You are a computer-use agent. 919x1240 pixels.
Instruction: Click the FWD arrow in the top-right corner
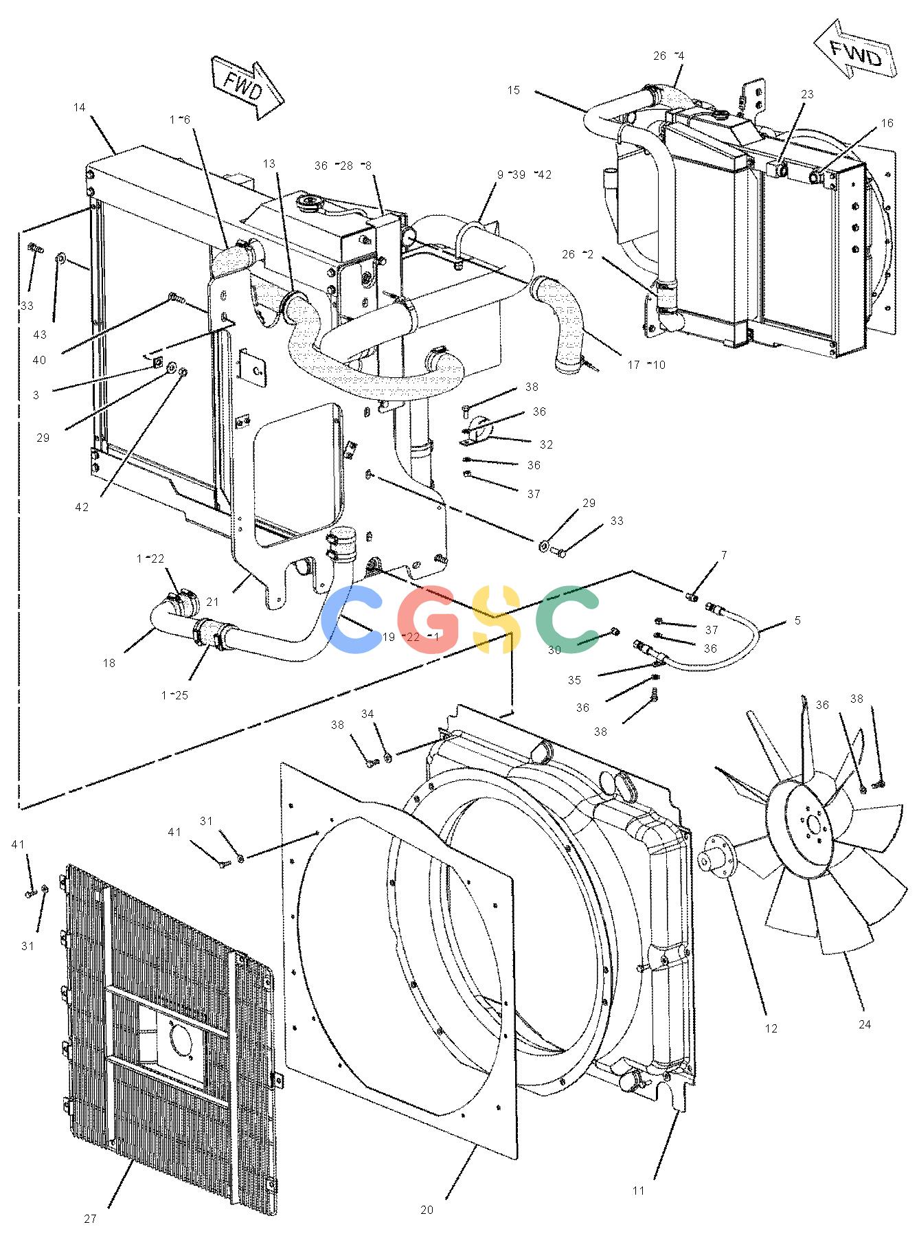pyautogui.click(x=856, y=53)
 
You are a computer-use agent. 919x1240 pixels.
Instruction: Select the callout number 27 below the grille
pyautogui.click(x=91, y=1219)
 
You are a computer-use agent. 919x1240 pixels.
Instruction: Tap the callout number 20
pyautogui.click(x=427, y=1210)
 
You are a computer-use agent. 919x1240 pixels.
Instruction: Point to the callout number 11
pyautogui.click(x=639, y=1191)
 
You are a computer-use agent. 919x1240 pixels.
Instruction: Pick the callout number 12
pyautogui.click(x=771, y=1048)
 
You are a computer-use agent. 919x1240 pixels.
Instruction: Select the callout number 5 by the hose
pyautogui.click(x=797, y=620)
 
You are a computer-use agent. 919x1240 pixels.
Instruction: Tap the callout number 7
pyautogui.click(x=724, y=554)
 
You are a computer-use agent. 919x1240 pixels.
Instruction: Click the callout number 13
pyautogui.click(x=269, y=164)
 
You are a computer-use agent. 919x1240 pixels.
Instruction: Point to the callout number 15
pyautogui.click(x=514, y=90)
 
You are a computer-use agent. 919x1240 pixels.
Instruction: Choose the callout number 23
pyautogui.click(x=807, y=94)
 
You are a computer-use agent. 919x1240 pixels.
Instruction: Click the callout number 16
pyautogui.click(x=887, y=123)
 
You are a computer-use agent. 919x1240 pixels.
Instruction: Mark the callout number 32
pyautogui.click(x=546, y=444)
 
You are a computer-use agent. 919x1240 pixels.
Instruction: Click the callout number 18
pyautogui.click(x=109, y=663)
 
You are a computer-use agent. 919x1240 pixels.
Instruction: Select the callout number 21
pyautogui.click(x=212, y=602)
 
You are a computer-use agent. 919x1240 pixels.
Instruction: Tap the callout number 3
pyautogui.click(x=36, y=395)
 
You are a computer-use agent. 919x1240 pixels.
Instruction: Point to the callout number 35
pyautogui.click(x=574, y=680)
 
